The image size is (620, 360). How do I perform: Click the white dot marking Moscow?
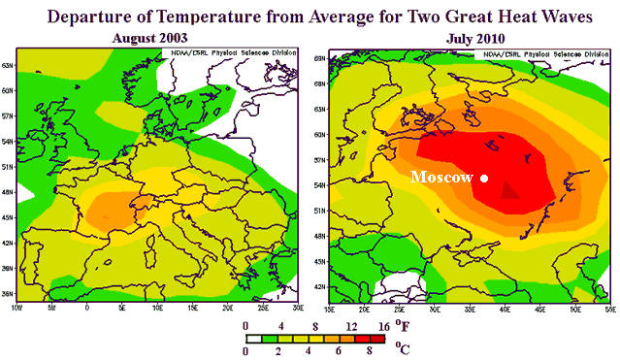[x=483, y=178]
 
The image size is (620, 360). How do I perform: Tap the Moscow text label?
[x=441, y=178]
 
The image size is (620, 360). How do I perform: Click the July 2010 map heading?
[x=473, y=38]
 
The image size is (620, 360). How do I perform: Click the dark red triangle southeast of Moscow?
[x=506, y=190]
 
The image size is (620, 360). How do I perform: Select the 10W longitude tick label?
[x=16, y=308]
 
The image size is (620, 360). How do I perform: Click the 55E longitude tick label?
[x=607, y=308]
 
